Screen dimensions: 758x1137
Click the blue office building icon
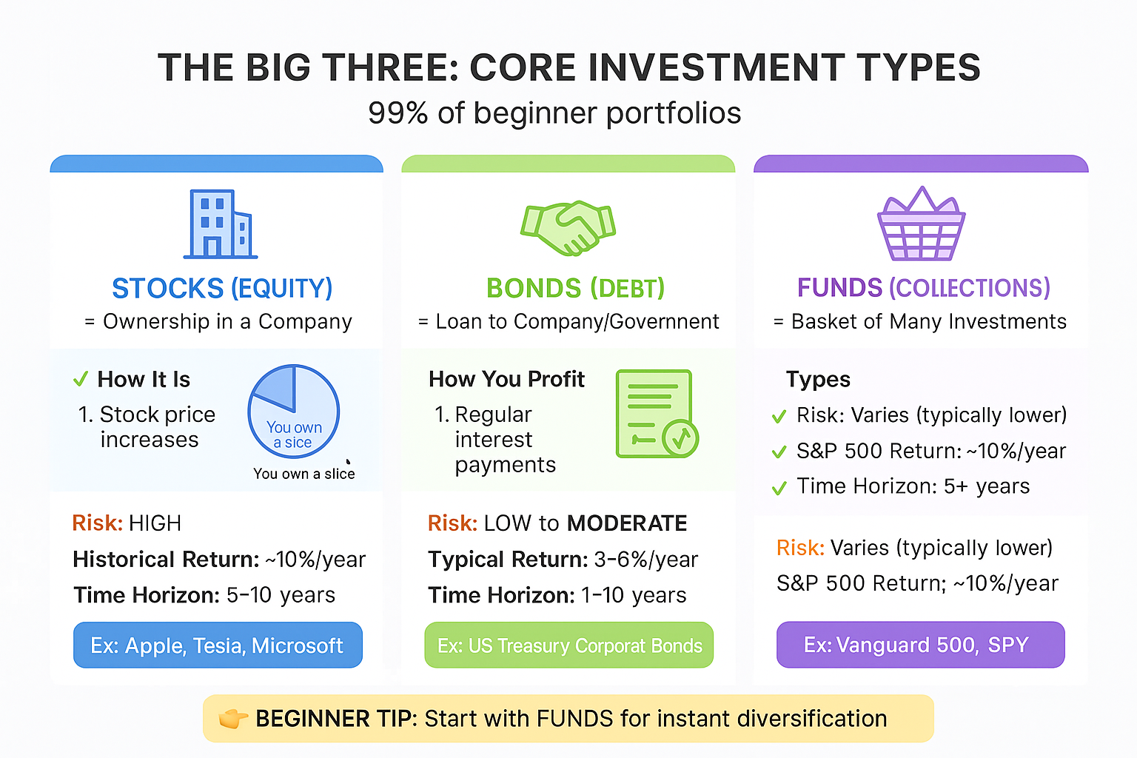tap(220, 224)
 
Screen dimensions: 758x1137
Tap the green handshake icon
tap(568, 228)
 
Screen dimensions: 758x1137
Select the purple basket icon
tap(921, 225)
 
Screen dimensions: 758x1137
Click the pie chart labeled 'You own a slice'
tap(294, 411)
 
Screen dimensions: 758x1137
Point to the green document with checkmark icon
tap(656, 414)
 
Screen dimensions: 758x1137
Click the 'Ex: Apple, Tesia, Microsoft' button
tap(218, 645)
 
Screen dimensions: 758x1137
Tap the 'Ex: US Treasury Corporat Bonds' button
tap(568, 645)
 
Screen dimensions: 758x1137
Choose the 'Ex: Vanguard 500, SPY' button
tap(920, 645)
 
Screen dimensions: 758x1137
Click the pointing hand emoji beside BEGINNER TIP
tap(233, 719)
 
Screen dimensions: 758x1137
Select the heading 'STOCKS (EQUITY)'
tap(222, 288)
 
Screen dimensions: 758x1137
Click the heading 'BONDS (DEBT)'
tap(575, 288)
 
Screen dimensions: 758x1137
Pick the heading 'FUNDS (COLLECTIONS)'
tap(923, 288)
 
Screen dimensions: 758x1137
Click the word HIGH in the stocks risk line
tap(155, 523)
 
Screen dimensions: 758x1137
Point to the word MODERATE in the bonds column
tap(627, 523)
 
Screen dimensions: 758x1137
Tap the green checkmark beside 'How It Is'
tap(81, 380)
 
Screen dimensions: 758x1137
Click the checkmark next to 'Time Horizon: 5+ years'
tap(779, 488)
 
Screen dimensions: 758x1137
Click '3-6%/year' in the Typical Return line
tap(645, 560)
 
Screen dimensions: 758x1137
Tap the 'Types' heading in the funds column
tap(818, 380)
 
